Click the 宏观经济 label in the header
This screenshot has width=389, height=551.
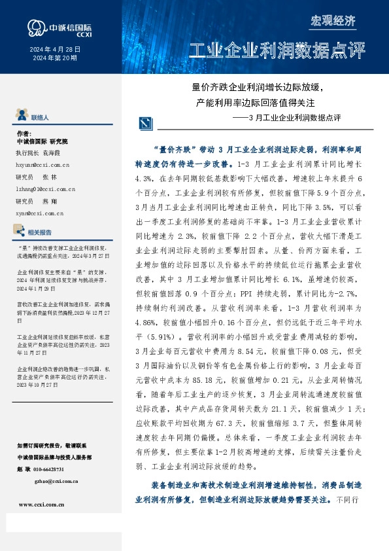(x=333, y=21)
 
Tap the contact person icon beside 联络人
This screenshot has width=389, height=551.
(x=21, y=116)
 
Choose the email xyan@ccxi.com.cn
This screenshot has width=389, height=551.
(x=39, y=213)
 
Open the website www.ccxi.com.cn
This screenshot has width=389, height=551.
(x=41, y=505)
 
